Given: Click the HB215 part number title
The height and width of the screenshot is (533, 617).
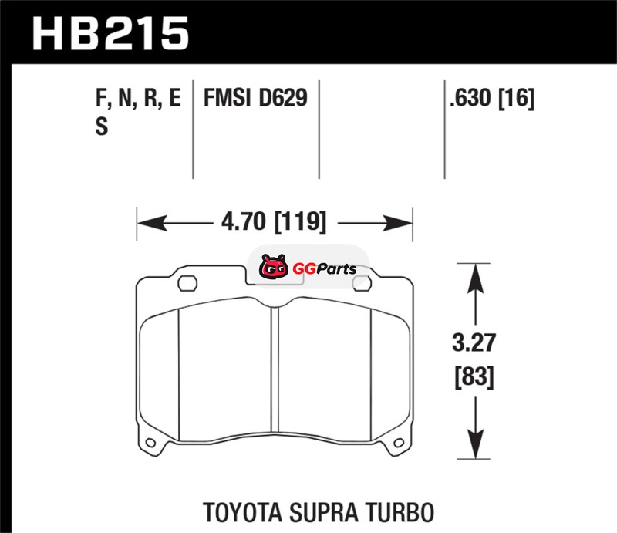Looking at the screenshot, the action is (x=110, y=33).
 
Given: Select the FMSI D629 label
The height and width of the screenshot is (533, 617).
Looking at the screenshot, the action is (x=255, y=98).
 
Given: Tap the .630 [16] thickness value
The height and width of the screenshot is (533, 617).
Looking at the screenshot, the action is (x=492, y=98).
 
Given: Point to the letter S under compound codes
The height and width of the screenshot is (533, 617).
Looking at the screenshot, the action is (x=102, y=127).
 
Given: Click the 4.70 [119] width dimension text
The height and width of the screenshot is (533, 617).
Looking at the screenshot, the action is (x=274, y=221).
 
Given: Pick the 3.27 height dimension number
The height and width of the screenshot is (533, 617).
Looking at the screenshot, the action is (x=474, y=342).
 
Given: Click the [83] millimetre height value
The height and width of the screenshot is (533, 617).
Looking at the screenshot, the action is (x=474, y=377).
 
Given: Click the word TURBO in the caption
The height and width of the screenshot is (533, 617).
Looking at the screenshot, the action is (x=400, y=512).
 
